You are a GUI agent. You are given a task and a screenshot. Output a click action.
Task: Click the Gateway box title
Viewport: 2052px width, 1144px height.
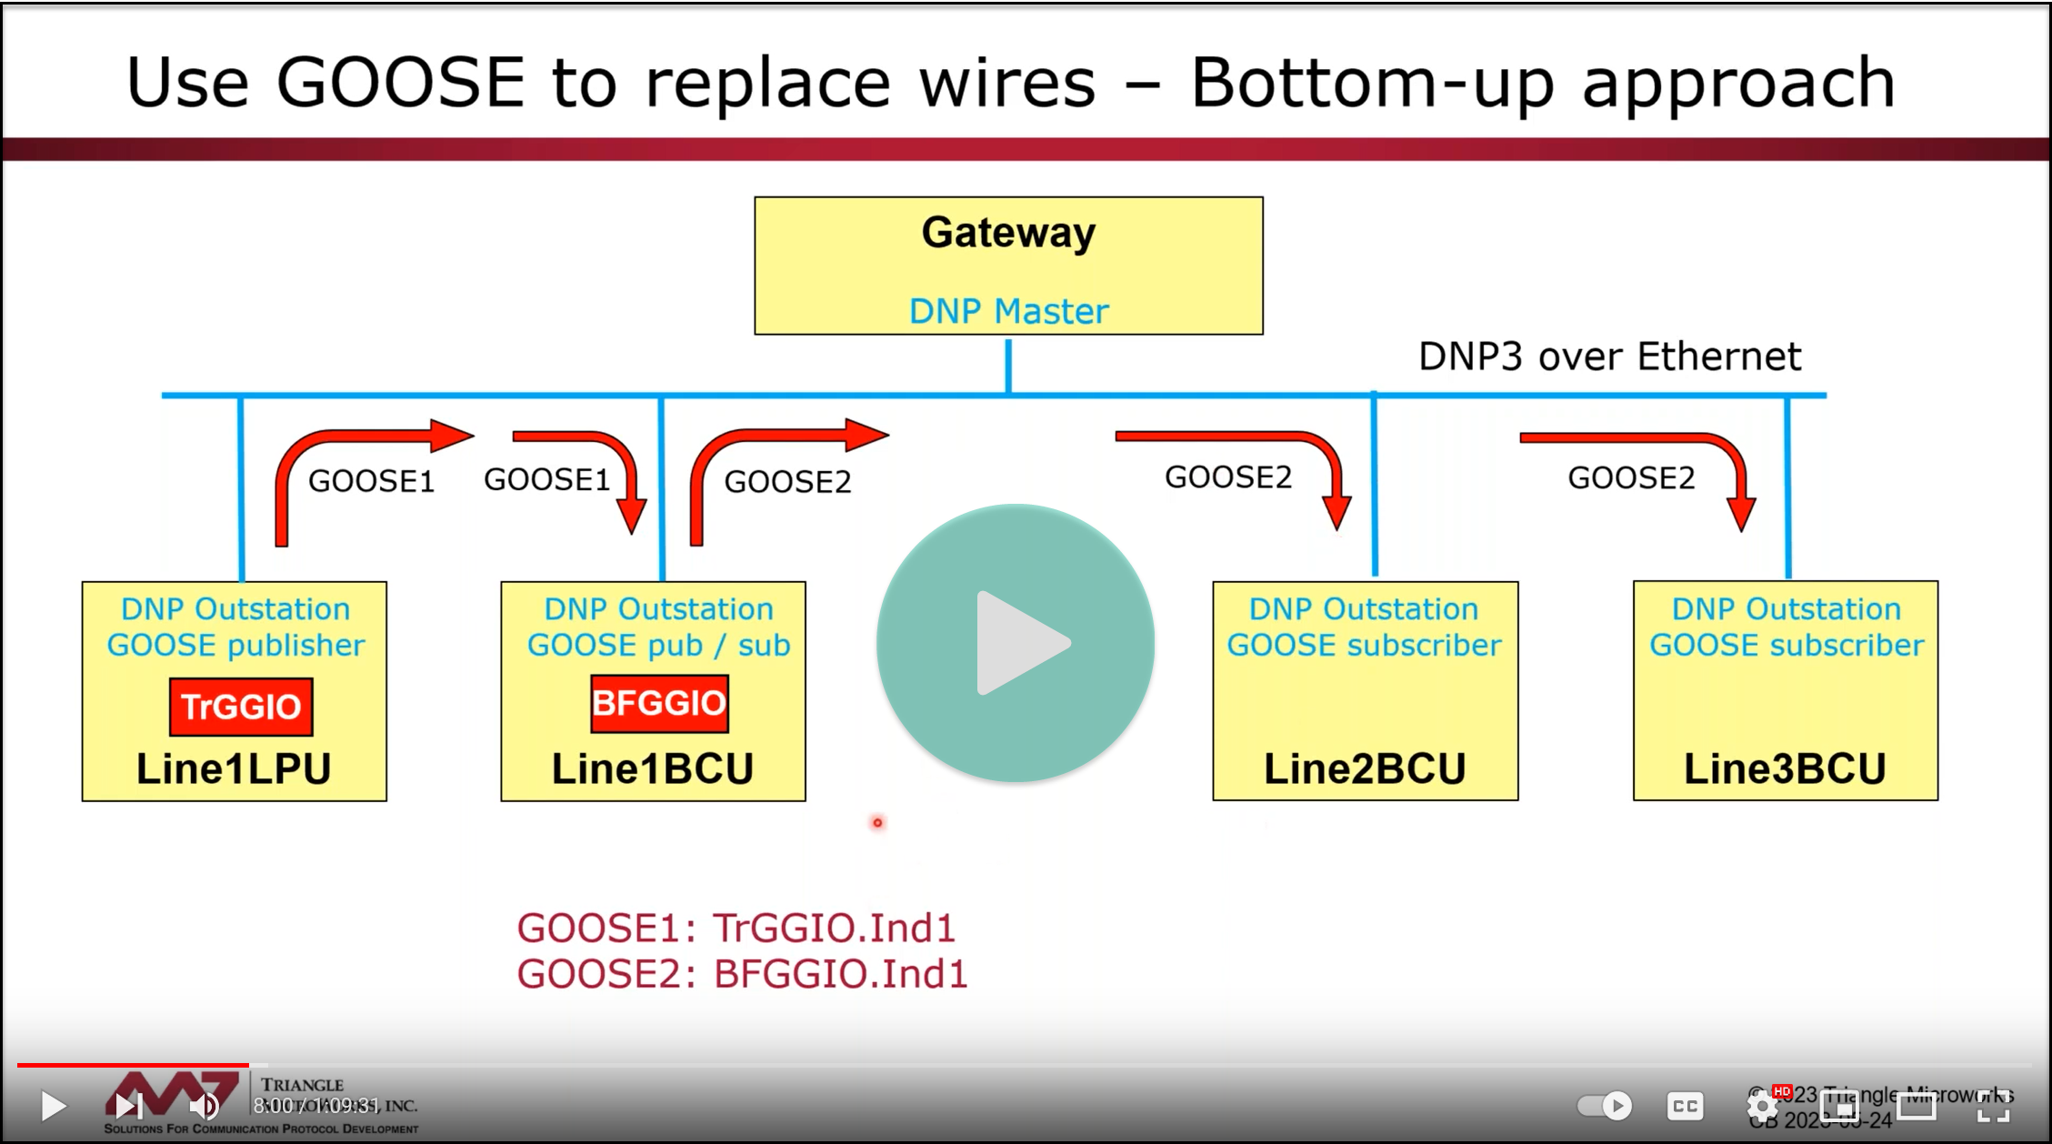coord(1008,233)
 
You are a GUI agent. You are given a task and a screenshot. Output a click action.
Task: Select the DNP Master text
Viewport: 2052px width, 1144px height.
coord(1008,311)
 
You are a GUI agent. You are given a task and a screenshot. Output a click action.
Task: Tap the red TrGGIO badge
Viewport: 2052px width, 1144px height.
coord(241,707)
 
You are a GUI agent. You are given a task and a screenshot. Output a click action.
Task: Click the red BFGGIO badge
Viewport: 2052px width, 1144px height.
coord(659,703)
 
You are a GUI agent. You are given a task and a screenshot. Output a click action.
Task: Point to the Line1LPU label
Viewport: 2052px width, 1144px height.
coord(234,769)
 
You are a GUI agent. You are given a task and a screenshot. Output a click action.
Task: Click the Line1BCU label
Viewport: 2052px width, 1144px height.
coord(653,769)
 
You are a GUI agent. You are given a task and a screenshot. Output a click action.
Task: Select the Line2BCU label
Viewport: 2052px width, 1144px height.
coord(1365,769)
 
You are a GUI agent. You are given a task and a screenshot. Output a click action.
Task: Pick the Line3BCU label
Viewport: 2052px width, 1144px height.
coord(1785,769)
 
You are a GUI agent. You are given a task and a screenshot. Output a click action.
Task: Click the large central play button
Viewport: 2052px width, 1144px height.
coord(1016,643)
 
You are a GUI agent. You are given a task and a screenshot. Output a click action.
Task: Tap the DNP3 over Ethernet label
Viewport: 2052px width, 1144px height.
coord(1609,356)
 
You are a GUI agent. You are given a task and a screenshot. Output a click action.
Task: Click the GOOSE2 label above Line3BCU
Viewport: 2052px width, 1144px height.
coord(1631,478)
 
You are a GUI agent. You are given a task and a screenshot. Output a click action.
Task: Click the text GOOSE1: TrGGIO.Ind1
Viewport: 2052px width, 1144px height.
coord(736,928)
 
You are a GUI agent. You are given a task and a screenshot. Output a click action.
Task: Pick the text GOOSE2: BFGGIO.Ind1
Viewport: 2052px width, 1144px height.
coord(742,974)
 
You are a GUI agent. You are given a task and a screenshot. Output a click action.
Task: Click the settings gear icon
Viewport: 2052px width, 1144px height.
coord(1762,1106)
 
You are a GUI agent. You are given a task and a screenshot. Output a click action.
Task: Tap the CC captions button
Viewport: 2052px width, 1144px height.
coord(1685,1106)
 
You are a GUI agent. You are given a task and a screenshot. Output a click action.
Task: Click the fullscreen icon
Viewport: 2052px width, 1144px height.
coord(1994,1106)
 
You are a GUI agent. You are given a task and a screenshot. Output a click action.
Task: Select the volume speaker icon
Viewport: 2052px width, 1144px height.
coord(203,1106)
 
